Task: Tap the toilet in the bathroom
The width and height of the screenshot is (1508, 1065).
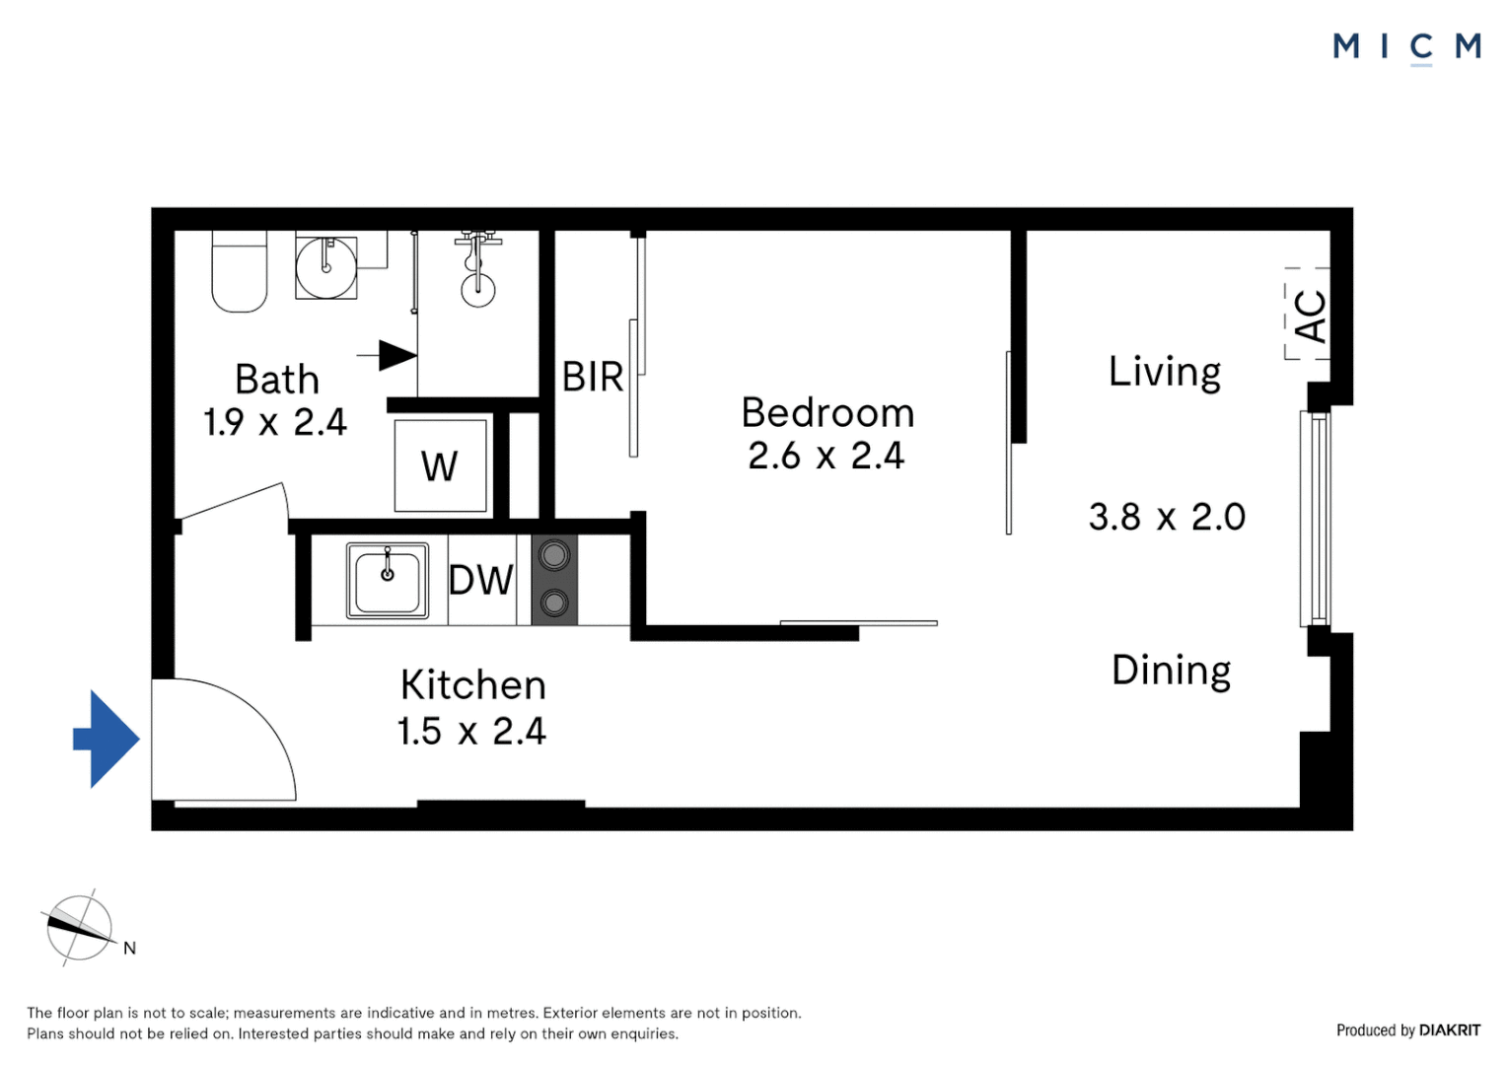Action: (240, 272)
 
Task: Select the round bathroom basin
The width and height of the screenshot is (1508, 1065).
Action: (326, 267)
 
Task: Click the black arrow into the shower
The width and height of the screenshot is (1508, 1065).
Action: (396, 355)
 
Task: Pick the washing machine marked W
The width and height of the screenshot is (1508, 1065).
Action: (440, 466)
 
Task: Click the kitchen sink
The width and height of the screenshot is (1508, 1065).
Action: (388, 581)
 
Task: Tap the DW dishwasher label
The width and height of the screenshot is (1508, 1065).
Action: (481, 581)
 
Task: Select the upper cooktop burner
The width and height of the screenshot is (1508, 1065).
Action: (554, 556)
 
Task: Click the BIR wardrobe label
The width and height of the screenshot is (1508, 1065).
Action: (593, 378)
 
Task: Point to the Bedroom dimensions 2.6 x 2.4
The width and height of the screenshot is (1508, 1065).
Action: (826, 457)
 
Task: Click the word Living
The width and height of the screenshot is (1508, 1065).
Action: (1165, 373)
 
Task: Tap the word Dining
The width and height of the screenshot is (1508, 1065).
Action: (1171, 671)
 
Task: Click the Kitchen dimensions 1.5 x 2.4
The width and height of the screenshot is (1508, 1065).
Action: (471, 732)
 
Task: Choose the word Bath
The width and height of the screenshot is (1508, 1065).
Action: (277, 380)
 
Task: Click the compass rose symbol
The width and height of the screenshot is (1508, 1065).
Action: (79, 927)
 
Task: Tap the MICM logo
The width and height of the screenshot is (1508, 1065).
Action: (1406, 46)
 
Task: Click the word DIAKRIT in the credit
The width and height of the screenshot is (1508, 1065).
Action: (1450, 1030)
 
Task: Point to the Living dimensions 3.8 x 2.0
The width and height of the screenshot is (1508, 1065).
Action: (1167, 518)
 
